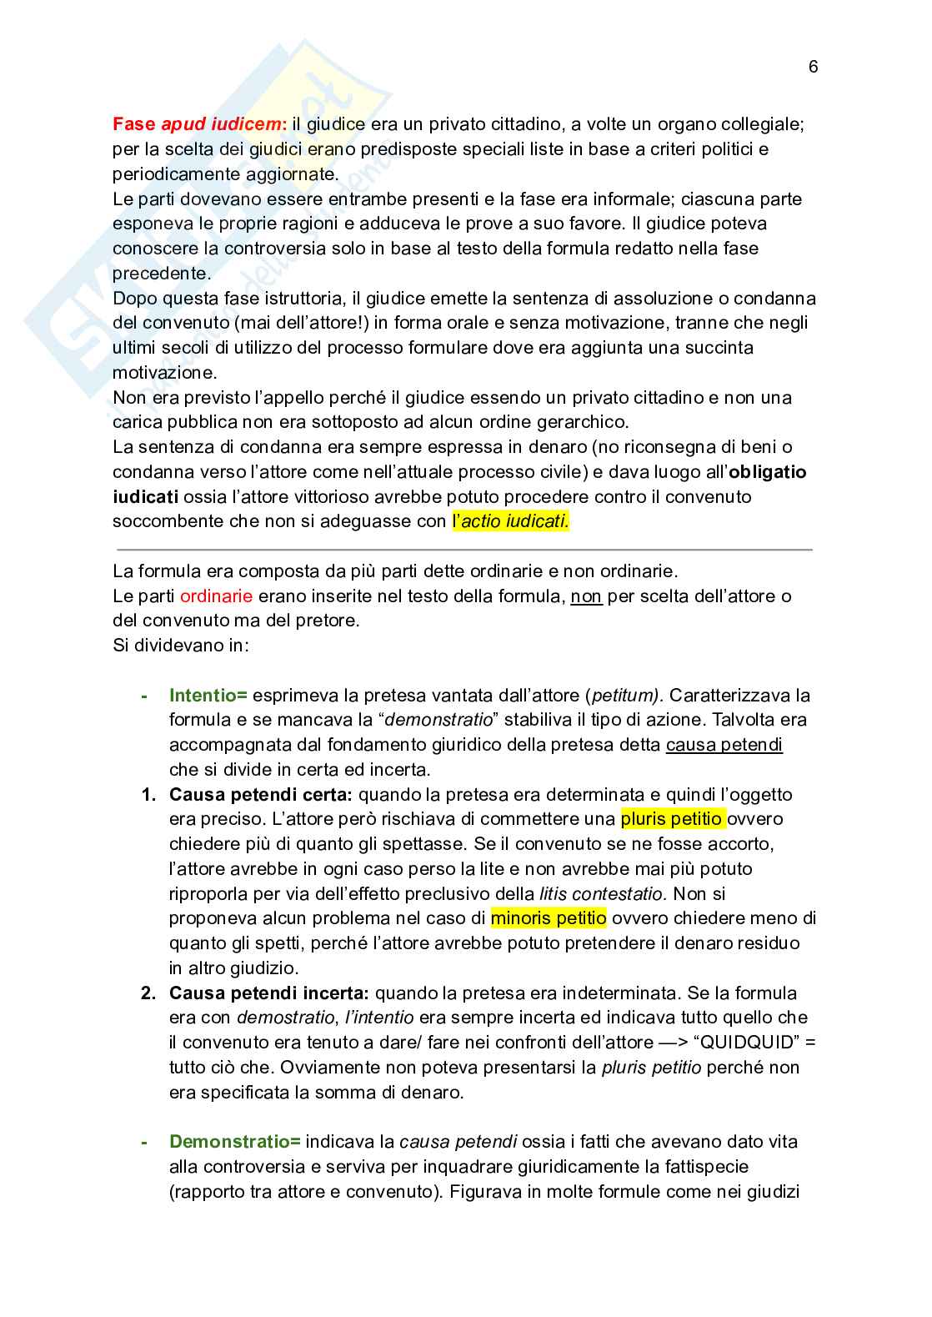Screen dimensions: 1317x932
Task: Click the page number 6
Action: point(814,68)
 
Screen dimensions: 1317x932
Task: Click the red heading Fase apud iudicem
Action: point(198,124)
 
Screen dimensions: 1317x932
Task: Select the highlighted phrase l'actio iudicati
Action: point(510,522)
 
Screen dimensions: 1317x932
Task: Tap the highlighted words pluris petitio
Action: point(672,819)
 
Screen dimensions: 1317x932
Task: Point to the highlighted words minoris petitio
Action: point(549,918)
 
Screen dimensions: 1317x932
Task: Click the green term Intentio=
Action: point(208,696)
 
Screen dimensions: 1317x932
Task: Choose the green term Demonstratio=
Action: point(234,1142)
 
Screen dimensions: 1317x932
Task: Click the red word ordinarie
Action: point(216,596)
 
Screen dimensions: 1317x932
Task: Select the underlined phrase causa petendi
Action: point(724,745)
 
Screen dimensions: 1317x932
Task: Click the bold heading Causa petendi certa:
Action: point(261,795)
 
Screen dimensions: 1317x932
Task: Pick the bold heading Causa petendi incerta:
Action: point(268,993)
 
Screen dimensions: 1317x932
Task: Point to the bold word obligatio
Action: point(768,472)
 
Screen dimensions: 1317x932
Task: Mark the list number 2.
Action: point(148,993)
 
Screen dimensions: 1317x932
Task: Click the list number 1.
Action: point(148,795)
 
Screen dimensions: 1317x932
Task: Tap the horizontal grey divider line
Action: point(464,550)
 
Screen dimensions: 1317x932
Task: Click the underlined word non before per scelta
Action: point(586,596)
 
